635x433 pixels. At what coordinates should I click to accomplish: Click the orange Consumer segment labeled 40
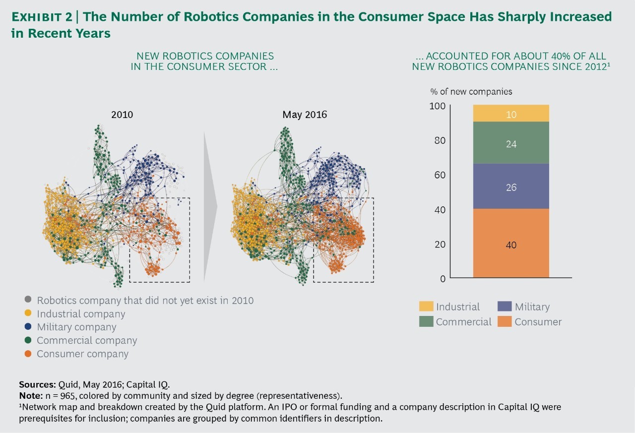[511, 243]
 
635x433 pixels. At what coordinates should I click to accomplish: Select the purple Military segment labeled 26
[511, 186]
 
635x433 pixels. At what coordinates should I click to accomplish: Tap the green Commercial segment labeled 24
[511, 143]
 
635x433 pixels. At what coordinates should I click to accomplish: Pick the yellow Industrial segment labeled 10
[511, 114]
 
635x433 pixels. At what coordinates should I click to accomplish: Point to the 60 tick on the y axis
[440, 175]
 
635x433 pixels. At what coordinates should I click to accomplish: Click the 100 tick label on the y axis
[438, 106]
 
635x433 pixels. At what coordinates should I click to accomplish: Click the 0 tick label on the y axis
[443, 279]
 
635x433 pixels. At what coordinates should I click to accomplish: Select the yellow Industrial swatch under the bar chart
[426, 307]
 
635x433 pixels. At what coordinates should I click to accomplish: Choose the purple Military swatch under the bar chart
[505, 307]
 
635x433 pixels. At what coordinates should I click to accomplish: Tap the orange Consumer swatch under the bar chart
[505, 321]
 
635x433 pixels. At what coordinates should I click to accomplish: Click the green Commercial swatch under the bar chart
[426, 321]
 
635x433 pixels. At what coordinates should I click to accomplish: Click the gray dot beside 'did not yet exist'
[28, 300]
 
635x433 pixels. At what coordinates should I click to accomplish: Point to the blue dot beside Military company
[28, 327]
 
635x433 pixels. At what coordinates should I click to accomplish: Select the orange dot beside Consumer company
[28, 354]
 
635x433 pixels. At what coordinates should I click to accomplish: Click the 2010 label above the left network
[122, 115]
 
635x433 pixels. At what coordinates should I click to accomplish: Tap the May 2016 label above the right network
[305, 115]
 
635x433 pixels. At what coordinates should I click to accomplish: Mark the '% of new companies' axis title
[471, 92]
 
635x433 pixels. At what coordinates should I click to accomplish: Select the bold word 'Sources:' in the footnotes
[37, 384]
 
